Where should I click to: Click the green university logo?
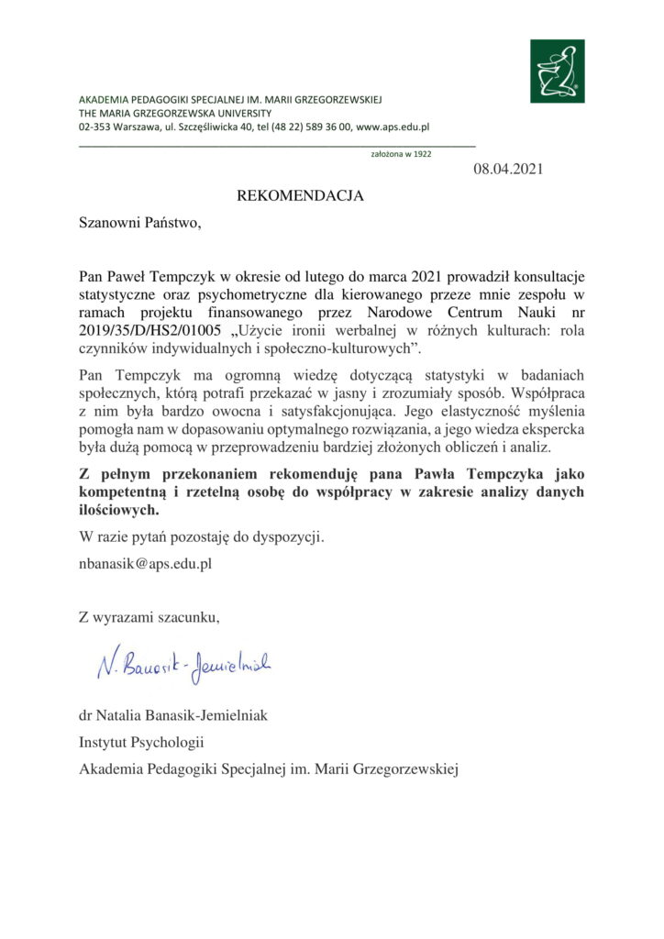tap(556, 72)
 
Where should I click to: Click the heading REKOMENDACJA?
tap(301, 195)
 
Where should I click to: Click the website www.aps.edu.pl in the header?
tap(393, 128)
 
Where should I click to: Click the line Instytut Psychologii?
tap(141, 741)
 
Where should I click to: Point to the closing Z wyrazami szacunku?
tap(149, 615)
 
